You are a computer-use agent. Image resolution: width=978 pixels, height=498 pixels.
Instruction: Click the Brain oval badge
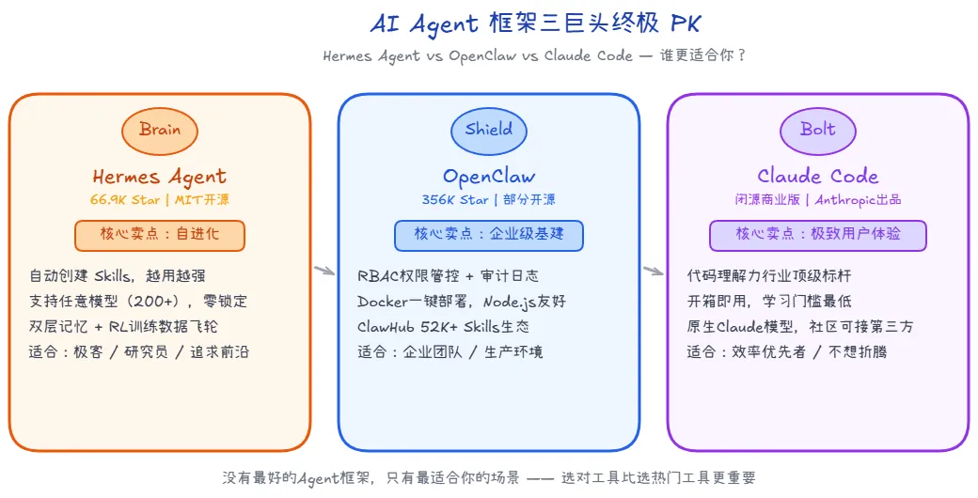tap(160, 130)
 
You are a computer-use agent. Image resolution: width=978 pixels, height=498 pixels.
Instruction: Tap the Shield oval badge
tap(488, 130)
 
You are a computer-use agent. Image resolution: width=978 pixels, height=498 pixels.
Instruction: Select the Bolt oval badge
tap(817, 130)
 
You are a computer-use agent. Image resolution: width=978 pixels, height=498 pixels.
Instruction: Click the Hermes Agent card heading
tap(160, 176)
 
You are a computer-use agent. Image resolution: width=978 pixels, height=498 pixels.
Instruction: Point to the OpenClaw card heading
tap(488, 176)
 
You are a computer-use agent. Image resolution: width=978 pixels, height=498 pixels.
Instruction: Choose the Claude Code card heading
tap(817, 176)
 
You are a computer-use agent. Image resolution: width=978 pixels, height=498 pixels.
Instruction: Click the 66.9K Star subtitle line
tap(160, 199)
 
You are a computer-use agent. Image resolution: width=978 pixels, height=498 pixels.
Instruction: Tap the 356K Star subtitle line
tap(488, 199)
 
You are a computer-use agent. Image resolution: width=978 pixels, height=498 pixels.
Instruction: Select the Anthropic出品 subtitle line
tap(817, 199)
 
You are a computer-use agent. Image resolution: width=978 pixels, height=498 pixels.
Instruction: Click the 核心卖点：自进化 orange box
tap(160, 235)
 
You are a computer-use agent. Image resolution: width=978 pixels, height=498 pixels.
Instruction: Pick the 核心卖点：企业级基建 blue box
tap(488, 235)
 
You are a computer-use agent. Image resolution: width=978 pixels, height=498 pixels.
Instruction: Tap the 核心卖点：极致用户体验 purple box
tap(817, 235)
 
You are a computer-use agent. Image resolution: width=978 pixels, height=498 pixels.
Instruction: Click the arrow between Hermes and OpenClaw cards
tap(324, 272)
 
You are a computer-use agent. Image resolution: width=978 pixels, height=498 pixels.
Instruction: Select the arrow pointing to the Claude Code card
tap(654, 272)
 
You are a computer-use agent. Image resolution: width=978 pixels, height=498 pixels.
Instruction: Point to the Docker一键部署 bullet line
tap(461, 302)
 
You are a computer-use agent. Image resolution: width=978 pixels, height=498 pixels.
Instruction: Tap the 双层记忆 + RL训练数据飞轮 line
tap(130, 327)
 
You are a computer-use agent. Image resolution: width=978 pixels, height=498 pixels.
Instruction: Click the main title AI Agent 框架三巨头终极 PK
tap(488, 23)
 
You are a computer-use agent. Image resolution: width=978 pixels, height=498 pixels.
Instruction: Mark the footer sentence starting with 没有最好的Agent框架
tap(488, 477)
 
